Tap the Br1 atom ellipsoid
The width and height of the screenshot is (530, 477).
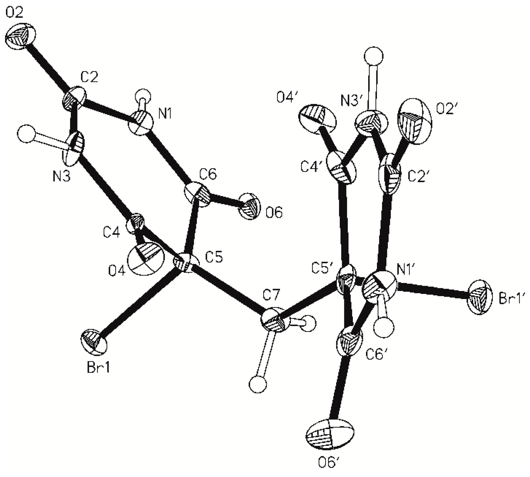coord(94,343)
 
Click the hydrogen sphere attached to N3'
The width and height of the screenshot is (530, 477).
coord(374,57)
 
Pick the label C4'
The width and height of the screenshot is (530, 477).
coord(312,167)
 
